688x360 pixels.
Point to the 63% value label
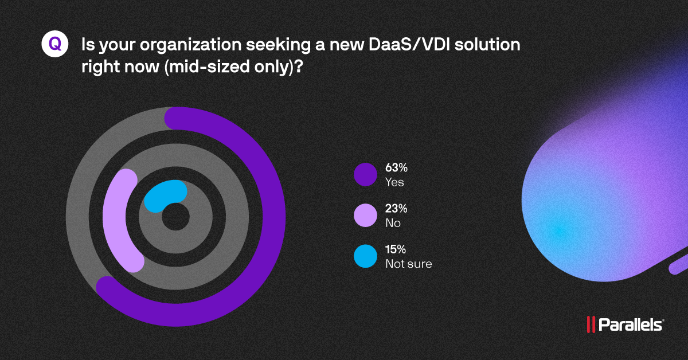[396, 169]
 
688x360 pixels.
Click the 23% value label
[396, 209]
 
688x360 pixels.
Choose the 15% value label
[396, 250]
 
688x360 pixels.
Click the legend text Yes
[394, 182]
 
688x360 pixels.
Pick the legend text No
[393, 223]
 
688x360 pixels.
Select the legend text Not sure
[408, 264]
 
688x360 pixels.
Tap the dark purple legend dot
[365, 175]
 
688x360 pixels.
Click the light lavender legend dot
[365, 216]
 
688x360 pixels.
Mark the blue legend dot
[365, 256]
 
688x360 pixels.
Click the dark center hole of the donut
[175, 218]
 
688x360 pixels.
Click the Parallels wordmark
[631, 325]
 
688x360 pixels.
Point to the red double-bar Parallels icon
[590, 325]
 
